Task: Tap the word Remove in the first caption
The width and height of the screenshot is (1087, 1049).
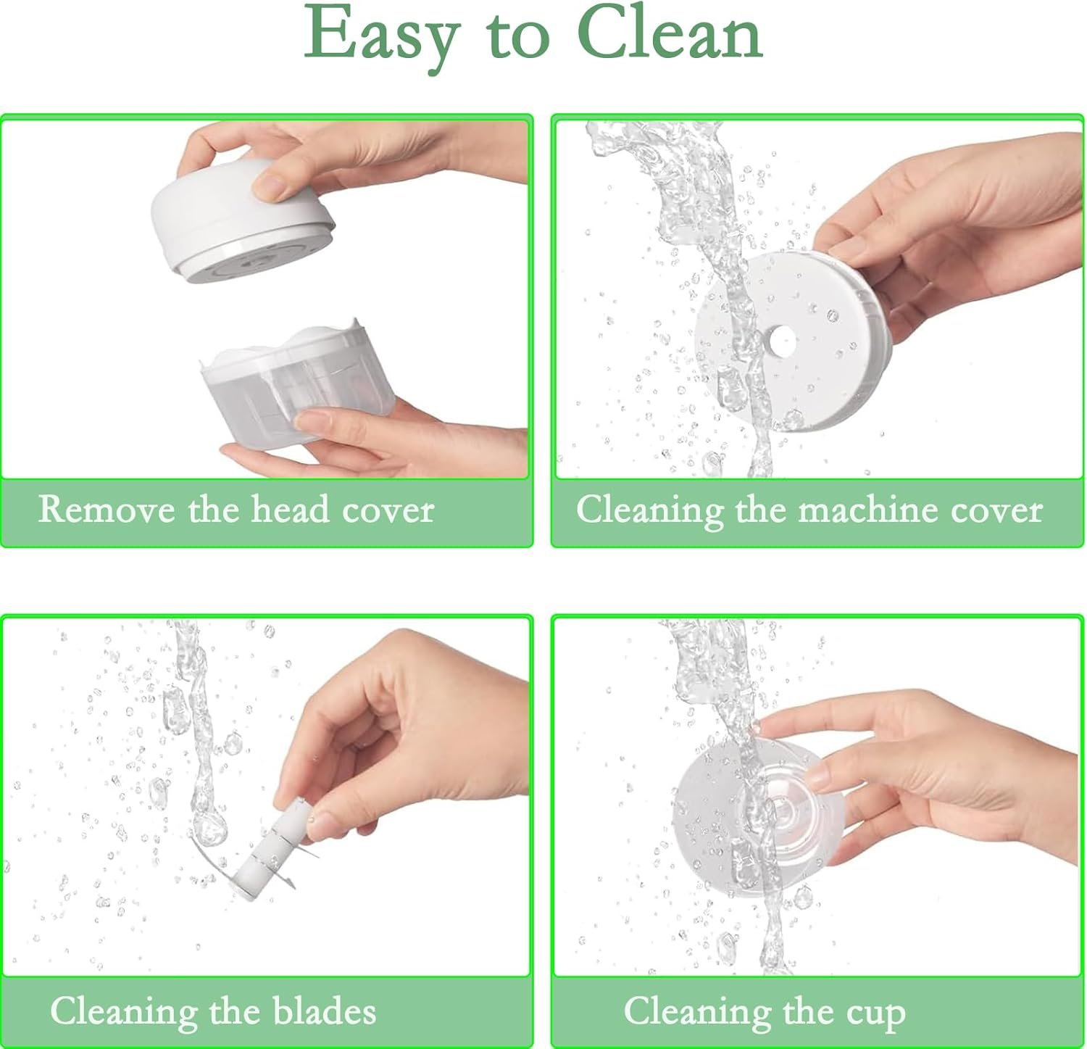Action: click(107, 509)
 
